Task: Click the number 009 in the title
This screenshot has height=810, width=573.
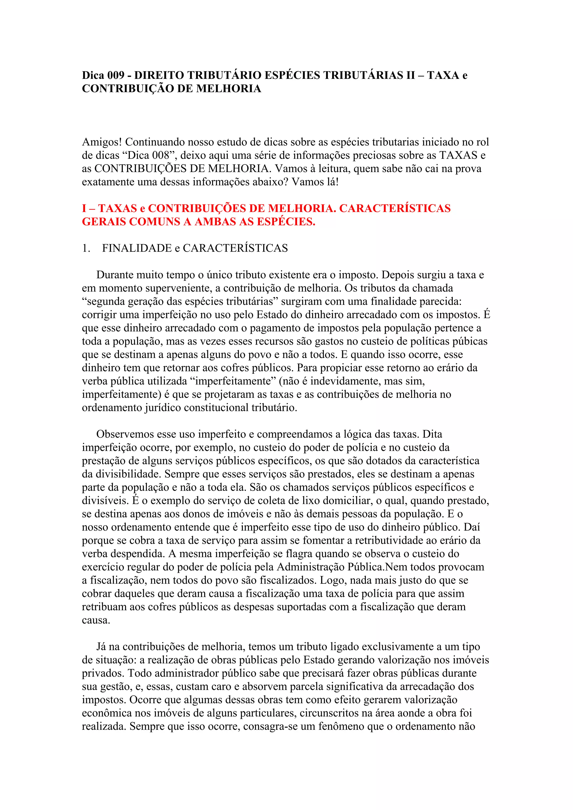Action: pyautogui.click(x=116, y=75)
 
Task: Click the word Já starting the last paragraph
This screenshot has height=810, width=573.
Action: pyautogui.click(x=101, y=647)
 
